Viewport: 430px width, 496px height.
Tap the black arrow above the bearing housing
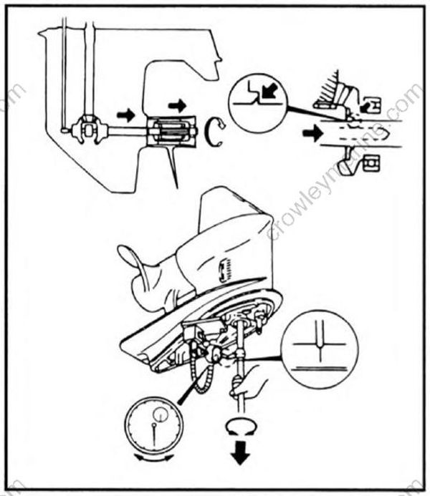pyautogui.click(x=176, y=106)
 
